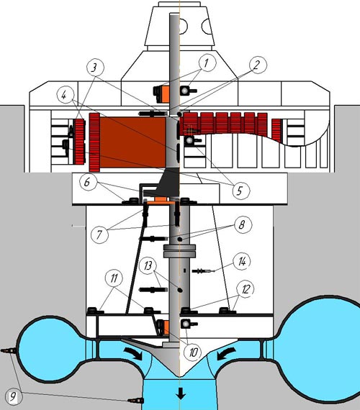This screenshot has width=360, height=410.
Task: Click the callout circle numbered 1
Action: tap(207, 63)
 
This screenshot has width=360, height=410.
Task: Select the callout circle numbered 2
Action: tap(258, 65)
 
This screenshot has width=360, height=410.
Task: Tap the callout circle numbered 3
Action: tap(95, 68)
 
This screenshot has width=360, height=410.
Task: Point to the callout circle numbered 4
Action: tap(66, 96)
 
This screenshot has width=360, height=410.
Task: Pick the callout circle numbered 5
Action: tap(241, 191)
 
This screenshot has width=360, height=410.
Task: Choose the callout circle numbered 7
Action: tap(99, 234)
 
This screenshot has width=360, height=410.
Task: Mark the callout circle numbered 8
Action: tap(243, 224)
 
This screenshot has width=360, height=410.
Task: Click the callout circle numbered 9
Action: tap(14, 396)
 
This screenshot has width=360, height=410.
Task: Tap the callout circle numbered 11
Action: tap(114, 279)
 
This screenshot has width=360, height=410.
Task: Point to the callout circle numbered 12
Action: tap(246, 289)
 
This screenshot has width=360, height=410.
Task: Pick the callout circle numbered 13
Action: tap(148, 265)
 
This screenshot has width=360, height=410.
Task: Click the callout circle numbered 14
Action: tap(242, 261)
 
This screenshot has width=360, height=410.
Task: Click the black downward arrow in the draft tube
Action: tap(181, 393)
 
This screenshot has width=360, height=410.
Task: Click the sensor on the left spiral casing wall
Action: tap(9, 350)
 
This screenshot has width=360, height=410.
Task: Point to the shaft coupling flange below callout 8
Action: tap(179, 251)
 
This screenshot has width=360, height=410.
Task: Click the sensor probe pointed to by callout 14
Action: tap(204, 271)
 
